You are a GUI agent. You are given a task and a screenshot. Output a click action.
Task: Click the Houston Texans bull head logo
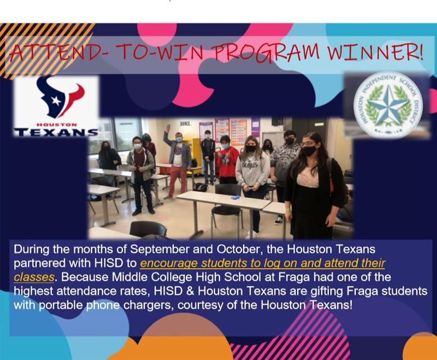[61, 97]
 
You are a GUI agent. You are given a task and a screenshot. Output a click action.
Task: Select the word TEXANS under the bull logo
[56, 132]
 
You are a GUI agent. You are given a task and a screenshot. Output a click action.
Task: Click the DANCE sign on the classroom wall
[185, 123]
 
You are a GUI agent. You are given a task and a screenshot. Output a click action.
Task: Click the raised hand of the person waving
[168, 128]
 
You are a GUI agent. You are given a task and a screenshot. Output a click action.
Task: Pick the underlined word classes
[34, 278]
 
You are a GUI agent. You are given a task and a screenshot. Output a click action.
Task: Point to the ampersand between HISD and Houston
[190, 291]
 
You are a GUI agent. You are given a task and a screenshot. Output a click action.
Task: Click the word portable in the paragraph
[61, 305]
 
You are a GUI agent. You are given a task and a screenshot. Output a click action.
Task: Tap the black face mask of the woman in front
[309, 150]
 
